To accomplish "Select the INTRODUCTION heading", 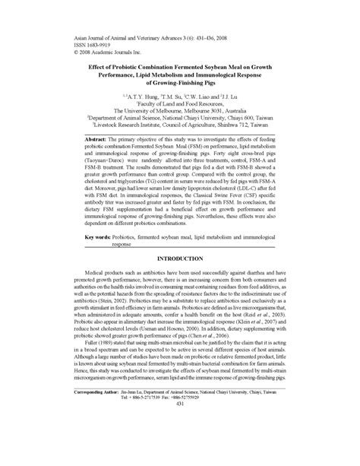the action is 180,258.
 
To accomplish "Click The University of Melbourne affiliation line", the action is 180,113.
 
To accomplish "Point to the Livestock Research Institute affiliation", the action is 180,127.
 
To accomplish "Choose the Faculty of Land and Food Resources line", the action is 180,105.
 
